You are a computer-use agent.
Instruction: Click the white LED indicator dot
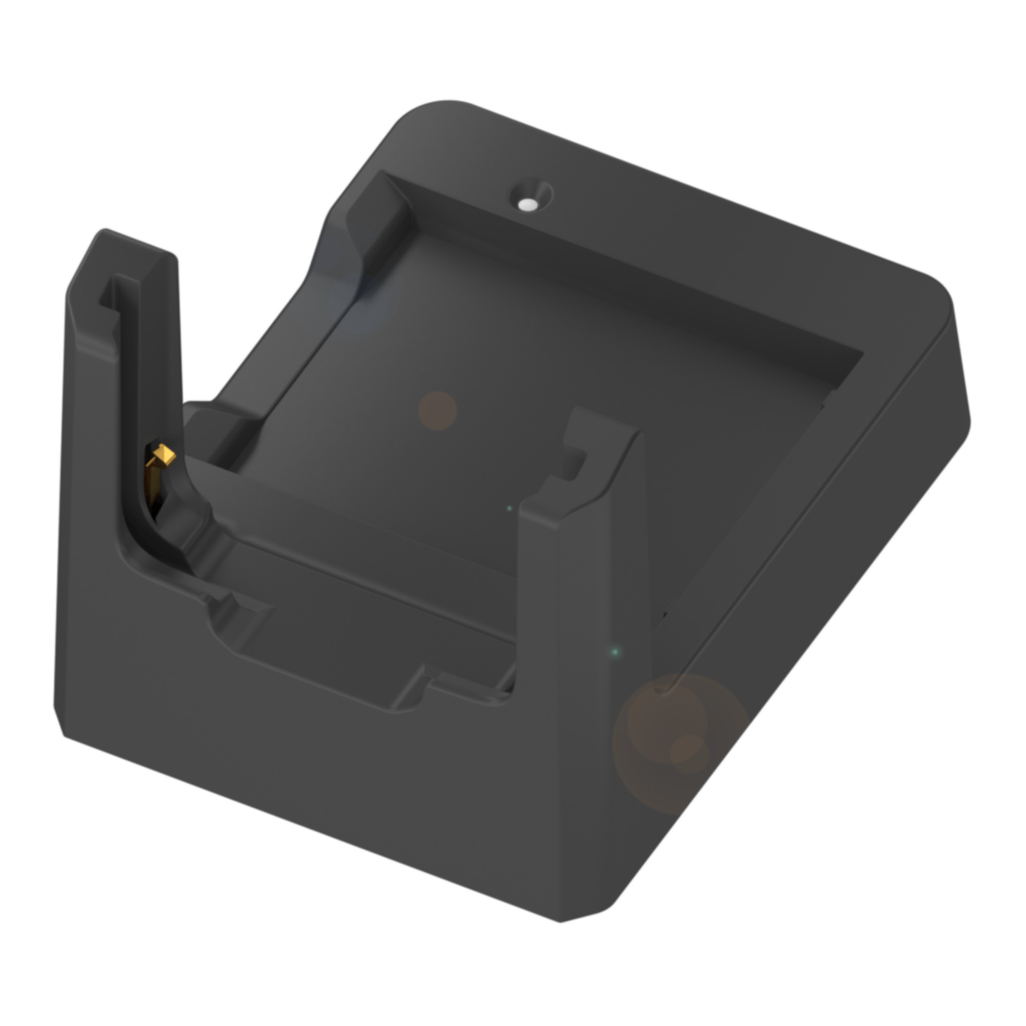click(x=527, y=205)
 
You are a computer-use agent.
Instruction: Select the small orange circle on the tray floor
click(x=438, y=411)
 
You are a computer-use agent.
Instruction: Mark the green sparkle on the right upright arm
click(x=615, y=652)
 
